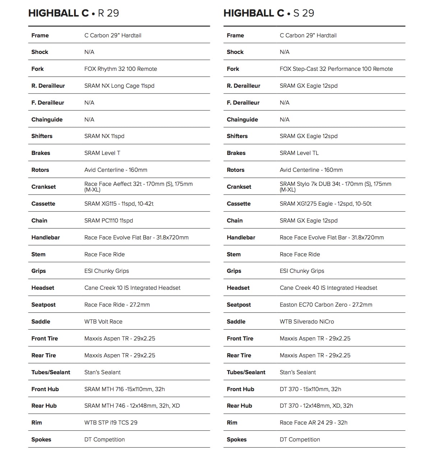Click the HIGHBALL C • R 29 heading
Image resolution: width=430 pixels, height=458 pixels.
coord(74,13)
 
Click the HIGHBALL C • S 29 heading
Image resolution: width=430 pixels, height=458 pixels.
coord(269,13)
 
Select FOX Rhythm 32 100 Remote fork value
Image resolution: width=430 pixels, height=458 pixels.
coord(120,69)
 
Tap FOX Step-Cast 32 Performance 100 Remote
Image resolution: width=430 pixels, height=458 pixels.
coord(336,69)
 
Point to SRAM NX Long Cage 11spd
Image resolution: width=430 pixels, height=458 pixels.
coord(119,86)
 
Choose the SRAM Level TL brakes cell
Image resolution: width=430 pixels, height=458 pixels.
coord(299,153)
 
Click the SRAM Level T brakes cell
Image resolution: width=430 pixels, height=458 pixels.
coord(102,153)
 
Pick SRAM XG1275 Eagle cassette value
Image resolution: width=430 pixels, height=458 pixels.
coord(325,204)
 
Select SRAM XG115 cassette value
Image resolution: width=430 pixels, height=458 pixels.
coord(119,204)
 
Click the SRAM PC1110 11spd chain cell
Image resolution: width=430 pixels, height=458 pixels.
coord(108,221)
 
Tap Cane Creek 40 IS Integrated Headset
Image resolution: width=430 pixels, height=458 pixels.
coord(328,288)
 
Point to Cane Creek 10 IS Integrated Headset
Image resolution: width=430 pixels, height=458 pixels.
coord(132,288)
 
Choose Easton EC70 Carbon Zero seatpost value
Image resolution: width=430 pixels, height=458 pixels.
coord(326,305)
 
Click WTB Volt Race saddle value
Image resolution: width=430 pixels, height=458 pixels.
coord(103,322)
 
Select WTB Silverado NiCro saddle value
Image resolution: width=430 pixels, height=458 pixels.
coord(307,322)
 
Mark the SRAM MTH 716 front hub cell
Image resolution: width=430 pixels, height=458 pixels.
coord(124,389)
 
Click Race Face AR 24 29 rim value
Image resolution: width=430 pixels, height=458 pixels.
coord(313,423)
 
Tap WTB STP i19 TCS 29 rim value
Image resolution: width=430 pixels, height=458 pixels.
coord(111,423)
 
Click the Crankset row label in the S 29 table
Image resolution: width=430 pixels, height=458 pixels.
coord(239,187)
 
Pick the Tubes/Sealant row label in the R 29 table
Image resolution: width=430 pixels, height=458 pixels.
coord(51,372)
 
